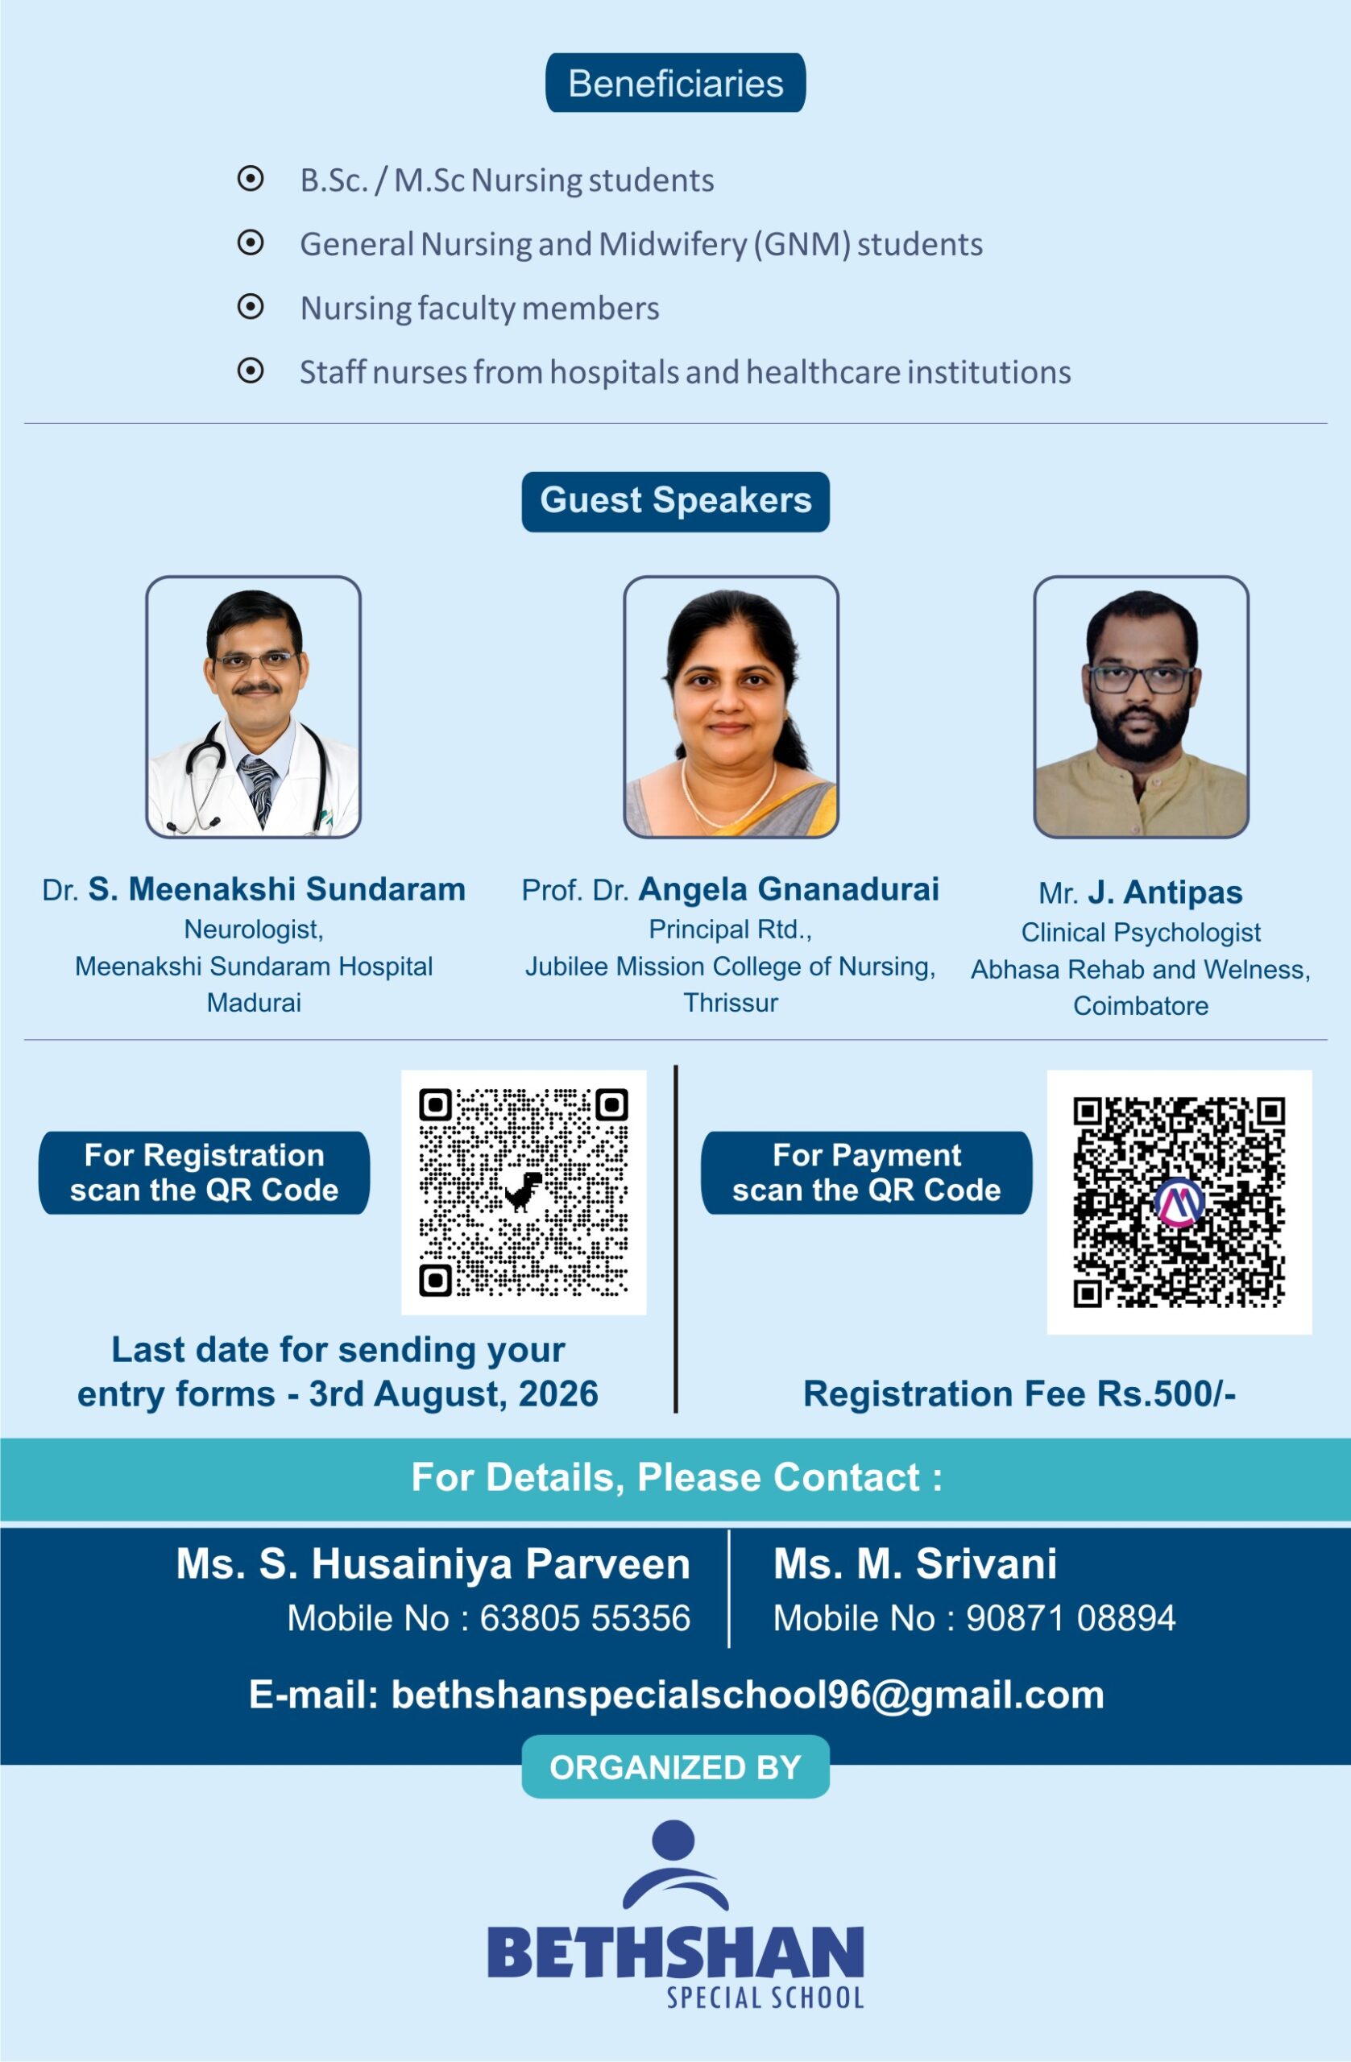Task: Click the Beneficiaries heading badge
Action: (x=675, y=83)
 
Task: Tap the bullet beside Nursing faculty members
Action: (x=251, y=307)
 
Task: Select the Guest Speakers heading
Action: (x=675, y=501)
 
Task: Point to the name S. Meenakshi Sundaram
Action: (x=277, y=889)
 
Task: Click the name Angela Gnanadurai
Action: (x=789, y=889)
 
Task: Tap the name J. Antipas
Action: (x=1165, y=892)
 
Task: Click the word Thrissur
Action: (x=731, y=1003)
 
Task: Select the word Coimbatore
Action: (x=1141, y=1006)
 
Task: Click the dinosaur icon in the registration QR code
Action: (x=524, y=1191)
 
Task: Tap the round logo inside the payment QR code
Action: (x=1179, y=1202)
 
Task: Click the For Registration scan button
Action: (x=204, y=1172)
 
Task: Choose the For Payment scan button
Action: (x=867, y=1172)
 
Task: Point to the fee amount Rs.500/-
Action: (x=1167, y=1394)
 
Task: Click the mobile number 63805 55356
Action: (x=585, y=1617)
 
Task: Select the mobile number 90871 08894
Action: (x=1071, y=1617)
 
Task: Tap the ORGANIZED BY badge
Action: (x=675, y=1767)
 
